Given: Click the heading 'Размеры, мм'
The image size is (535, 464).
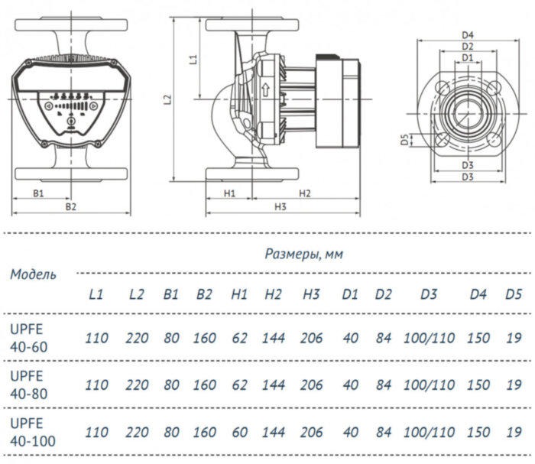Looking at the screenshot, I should [x=303, y=254].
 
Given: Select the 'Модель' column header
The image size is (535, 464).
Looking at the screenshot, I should [x=33, y=274].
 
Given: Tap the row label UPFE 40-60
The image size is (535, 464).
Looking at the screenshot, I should [x=28, y=338].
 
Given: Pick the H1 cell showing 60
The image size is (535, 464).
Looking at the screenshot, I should [x=239, y=432].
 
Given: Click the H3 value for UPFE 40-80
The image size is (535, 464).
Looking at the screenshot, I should [x=311, y=385].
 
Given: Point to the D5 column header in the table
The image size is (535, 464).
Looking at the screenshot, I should [x=514, y=294].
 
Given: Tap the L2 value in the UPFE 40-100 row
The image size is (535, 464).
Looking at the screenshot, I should [x=137, y=432].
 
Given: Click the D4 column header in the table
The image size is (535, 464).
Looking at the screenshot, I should [x=478, y=294].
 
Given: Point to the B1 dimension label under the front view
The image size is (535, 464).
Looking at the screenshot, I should [x=38, y=193].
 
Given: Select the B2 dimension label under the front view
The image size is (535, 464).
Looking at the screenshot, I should [x=70, y=206].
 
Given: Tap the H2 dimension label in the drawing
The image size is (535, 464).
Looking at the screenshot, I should [x=303, y=193].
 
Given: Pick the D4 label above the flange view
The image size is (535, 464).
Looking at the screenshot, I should [x=469, y=34].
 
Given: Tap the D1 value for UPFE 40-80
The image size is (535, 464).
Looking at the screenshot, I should [x=351, y=385].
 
